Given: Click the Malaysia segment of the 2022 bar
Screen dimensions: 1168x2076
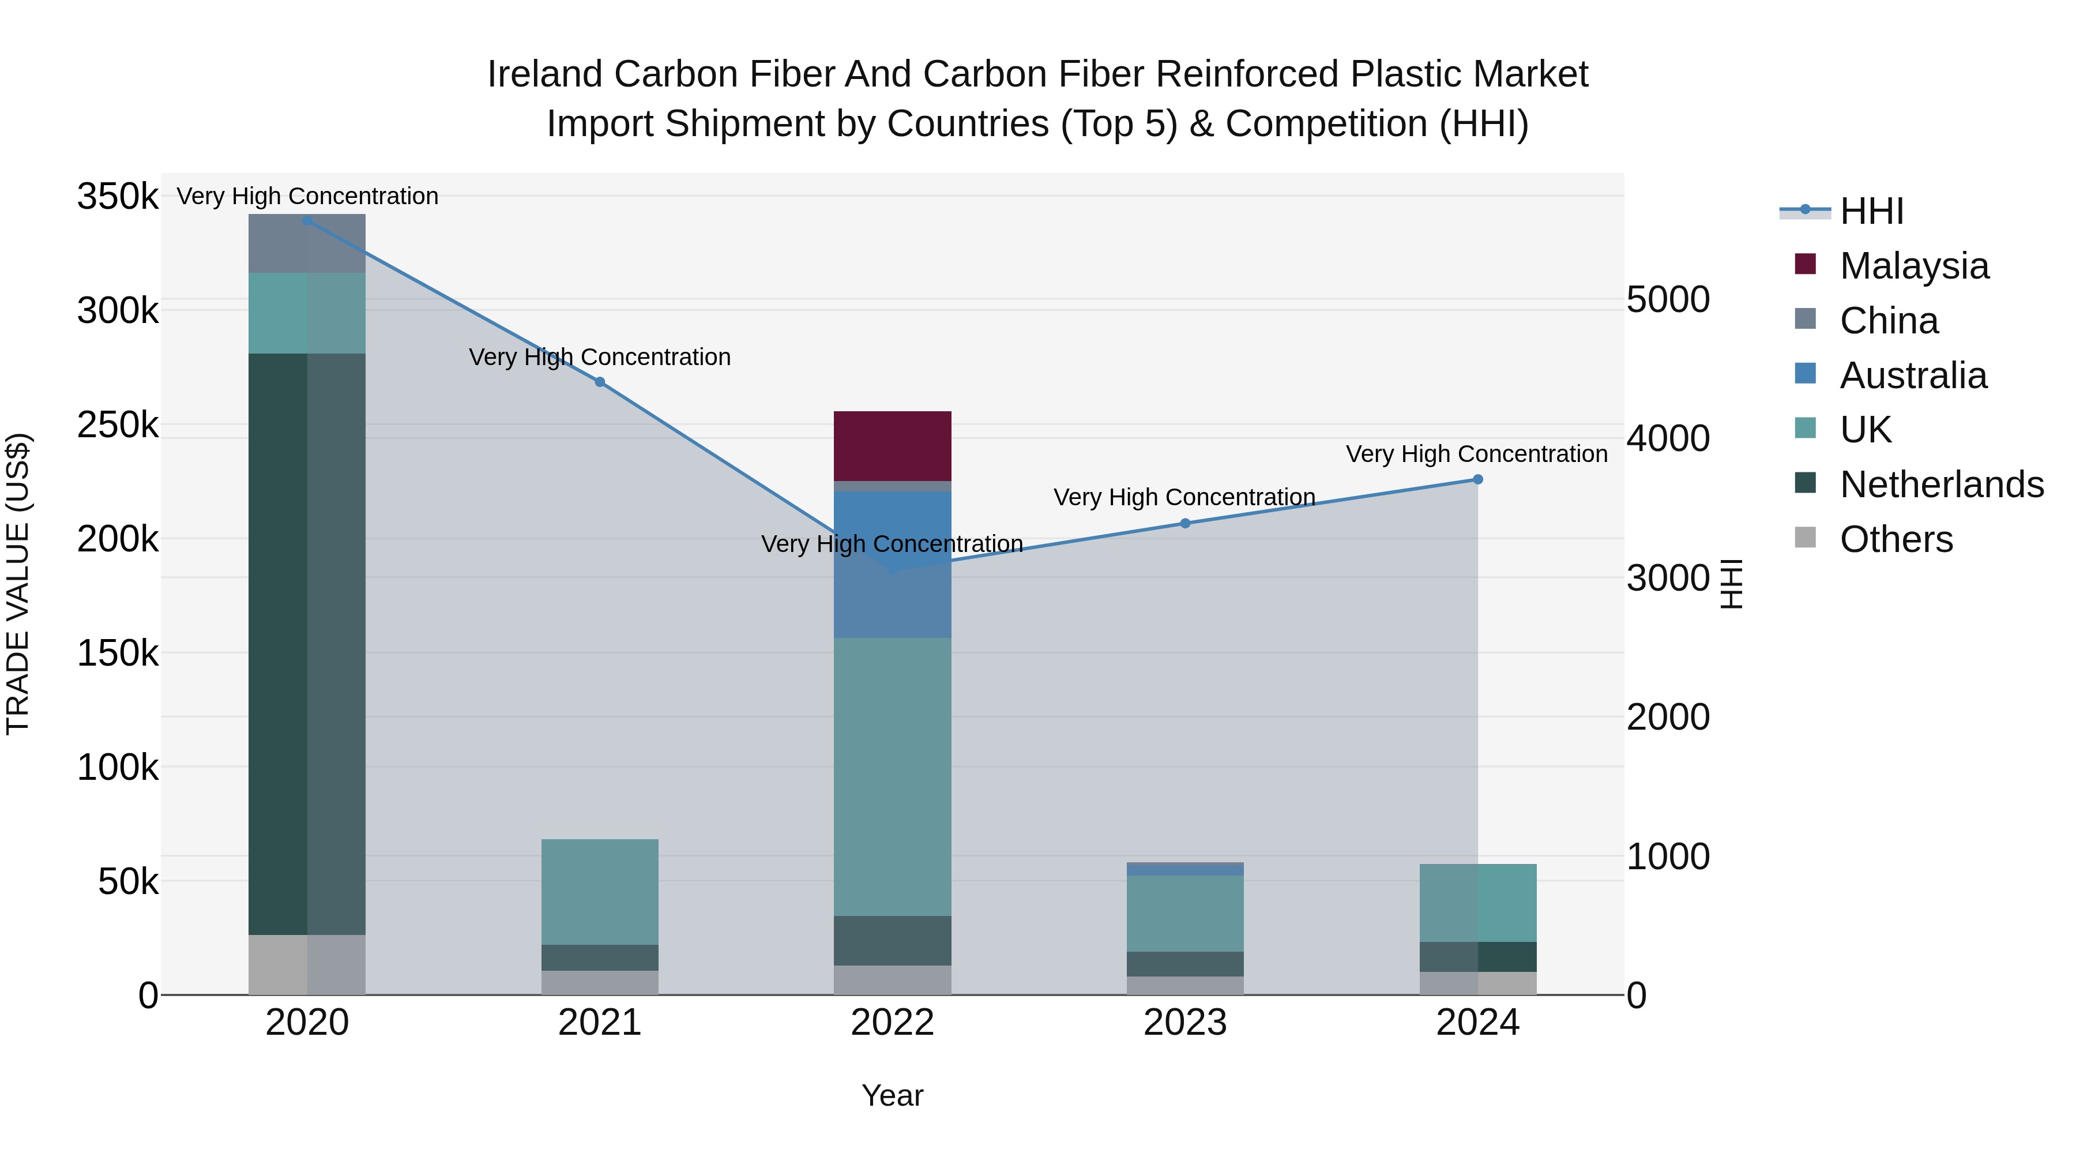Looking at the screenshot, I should click(x=892, y=446).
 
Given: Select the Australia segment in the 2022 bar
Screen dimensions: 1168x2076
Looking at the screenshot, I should click(x=892, y=564).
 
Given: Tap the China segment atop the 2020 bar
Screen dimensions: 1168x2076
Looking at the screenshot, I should click(x=306, y=243).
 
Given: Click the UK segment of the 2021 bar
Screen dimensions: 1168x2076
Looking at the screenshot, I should click(x=600, y=892).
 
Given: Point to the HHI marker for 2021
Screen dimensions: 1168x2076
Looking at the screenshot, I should click(x=600, y=382).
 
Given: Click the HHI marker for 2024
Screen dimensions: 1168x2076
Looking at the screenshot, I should click(x=1477, y=480).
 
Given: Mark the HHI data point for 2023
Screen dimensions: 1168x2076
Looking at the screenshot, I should click(x=1184, y=523).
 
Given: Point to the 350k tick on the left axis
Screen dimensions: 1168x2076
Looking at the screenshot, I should click(x=118, y=197).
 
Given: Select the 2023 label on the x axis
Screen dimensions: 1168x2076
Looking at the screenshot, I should click(x=1184, y=1023).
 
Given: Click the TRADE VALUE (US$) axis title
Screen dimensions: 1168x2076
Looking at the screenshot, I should click(x=18, y=584).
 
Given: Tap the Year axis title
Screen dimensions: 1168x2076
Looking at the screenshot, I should click(x=892, y=1095).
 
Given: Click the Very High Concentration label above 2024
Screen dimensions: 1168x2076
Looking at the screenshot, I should click(x=1476, y=454).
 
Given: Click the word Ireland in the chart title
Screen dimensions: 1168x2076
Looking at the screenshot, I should click(x=545, y=74).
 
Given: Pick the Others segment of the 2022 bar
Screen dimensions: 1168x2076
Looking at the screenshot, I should click(x=892, y=979).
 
